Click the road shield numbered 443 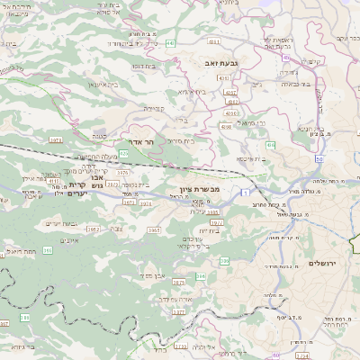(x=170, y=42)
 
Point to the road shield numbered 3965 (x=154, y=230)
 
